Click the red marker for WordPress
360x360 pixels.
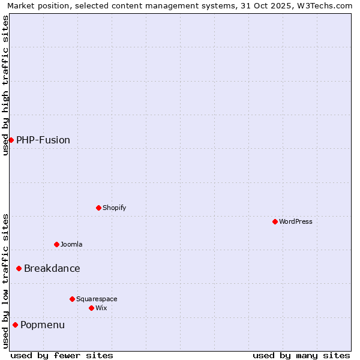[275, 221]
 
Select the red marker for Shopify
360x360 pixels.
[98, 208]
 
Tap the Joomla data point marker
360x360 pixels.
[56, 244]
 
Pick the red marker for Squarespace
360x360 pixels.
[72, 299]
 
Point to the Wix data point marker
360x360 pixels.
[91, 308]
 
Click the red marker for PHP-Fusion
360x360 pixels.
[11, 140]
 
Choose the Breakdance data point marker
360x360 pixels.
[19, 268]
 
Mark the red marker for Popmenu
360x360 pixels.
[15, 325]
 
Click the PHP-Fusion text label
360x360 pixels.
[43, 140]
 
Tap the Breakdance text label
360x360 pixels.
[52, 268]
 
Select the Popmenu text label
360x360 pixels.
[43, 325]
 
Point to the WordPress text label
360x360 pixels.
[296, 221]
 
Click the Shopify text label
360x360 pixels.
[115, 208]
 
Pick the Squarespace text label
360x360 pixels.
[97, 299]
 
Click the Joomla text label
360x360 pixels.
[71, 244]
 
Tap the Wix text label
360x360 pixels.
[101, 308]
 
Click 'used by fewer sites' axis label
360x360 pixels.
[62, 355]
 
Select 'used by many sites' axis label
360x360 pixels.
[301, 355]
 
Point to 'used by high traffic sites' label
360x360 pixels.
[5, 86]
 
